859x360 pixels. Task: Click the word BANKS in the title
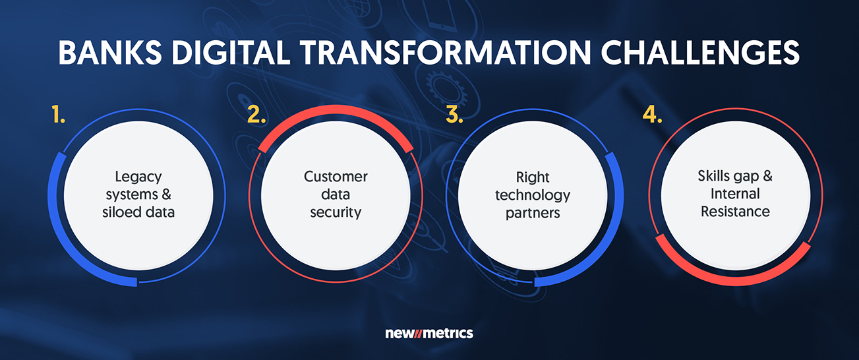coord(110,53)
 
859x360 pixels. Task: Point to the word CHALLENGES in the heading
coord(700,53)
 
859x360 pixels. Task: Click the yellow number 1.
coord(58,114)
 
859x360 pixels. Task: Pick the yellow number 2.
coord(256,114)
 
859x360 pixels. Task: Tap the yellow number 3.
coord(454,114)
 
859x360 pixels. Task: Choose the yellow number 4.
coord(652,114)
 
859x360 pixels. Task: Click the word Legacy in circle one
coord(138,177)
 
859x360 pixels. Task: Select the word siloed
coord(119,212)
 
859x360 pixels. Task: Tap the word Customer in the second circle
coord(336,177)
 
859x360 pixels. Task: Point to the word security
coord(336,213)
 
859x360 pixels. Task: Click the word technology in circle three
coord(533,196)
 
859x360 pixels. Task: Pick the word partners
coord(533,214)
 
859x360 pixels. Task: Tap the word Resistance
coord(735,211)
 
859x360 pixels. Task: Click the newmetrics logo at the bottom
coord(429,333)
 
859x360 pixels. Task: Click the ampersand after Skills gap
coord(767,175)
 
